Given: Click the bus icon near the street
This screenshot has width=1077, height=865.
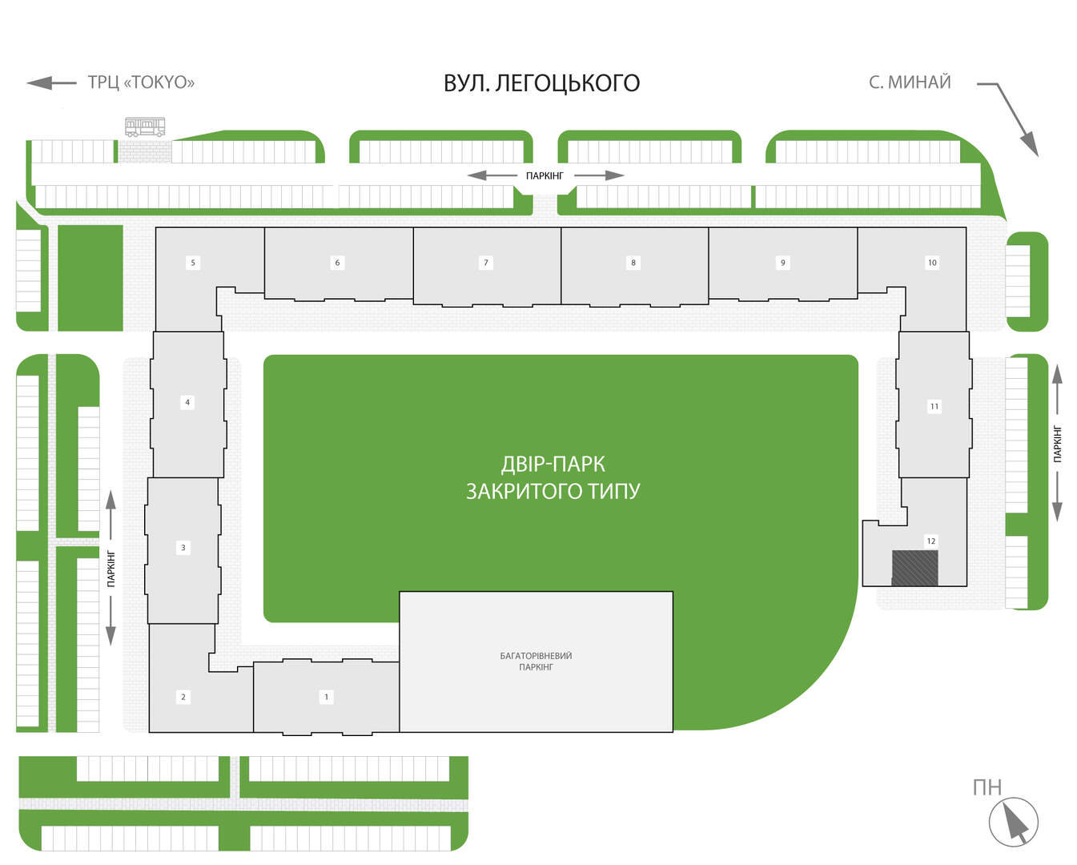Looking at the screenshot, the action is tap(145, 127).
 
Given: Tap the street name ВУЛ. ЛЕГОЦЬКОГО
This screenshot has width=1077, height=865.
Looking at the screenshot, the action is tap(541, 83).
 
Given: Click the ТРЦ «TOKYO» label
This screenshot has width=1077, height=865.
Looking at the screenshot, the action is tap(141, 82).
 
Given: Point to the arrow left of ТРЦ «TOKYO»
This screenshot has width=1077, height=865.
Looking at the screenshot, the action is tap(51, 82).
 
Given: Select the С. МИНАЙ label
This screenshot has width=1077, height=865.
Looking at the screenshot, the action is tap(910, 82).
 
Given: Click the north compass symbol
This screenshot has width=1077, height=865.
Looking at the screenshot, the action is tap(1014, 822).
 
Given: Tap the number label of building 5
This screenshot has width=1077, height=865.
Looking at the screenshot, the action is tap(193, 263).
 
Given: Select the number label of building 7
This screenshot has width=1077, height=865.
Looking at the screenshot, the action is tap(485, 263).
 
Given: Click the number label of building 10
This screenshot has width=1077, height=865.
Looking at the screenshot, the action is tap(932, 263).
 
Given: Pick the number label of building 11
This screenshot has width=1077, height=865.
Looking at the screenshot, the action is tap(934, 407).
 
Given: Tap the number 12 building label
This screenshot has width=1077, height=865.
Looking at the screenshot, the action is tap(930, 541).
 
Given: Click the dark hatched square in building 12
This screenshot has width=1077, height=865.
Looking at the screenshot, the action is tap(914, 568).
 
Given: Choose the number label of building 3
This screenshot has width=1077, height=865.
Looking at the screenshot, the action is tap(183, 548).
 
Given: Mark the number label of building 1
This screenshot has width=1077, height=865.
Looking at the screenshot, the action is tap(327, 697).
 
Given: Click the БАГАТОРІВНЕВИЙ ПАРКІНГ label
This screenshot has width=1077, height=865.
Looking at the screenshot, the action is tap(536, 662).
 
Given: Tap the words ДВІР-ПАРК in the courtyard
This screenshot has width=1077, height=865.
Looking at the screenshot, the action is tap(553, 464).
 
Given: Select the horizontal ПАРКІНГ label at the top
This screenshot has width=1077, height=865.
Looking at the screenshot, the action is tap(545, 175).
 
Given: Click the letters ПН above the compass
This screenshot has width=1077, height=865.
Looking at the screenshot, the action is tap(987, 788).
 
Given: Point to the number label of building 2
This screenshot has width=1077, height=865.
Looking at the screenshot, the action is tap(183, 697).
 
